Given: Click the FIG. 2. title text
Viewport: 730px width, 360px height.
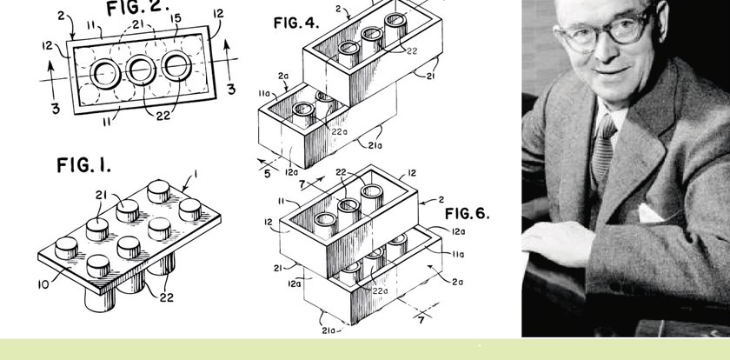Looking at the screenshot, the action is pyautogui.click(x=137, y=8).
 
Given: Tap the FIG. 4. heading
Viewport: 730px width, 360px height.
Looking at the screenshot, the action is pyautogui.click(x=296, y=23).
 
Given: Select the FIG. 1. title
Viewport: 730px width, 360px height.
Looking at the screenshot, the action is pyautogui.click(x=83, y=165).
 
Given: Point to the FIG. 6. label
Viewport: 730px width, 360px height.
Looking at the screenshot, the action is pyautogui.click(x=467, y=214).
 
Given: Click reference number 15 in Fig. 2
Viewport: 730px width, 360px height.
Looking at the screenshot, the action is pyautogui.click(x=176, y=19).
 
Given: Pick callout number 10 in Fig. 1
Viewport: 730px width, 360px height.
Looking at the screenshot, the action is pyautogui.click(x=43, y=284).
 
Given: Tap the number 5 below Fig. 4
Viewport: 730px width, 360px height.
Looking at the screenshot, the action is pyautogui.click(x=268, y=174).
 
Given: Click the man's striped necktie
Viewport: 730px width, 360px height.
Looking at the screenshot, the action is pyautogui.click(x=602, y=148).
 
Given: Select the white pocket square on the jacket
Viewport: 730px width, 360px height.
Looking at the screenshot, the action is pyautogui.click(x=650, y=213).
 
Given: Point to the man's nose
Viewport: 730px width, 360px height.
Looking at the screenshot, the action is pyautogui.click(x=604, y=48).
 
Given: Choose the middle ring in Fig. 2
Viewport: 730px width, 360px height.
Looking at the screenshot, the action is pyautogui.click(x=141, y=70).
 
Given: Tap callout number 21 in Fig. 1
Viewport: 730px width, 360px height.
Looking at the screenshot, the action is pyautogui.click(x=101, y=195).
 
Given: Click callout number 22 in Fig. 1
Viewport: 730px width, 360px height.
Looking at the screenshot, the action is pyautogui.click(x=167, y=297).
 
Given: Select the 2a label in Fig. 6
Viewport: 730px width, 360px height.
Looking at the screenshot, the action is pyautogui.click(x=457, y=282).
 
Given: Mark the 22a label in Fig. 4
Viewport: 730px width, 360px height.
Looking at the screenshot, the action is pyautogui.click(x=340, y=132).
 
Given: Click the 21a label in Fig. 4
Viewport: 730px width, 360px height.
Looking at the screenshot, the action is pyautogui.click(x=375, y=145).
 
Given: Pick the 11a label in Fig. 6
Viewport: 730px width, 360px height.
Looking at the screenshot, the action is pyautogui.click(x=458, y=254).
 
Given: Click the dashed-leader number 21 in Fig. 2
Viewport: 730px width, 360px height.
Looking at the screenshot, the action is pyautogui.click(x=138, y=24).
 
